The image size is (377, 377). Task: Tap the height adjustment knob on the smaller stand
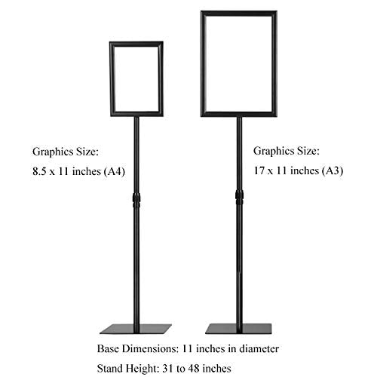(x=136, y=200)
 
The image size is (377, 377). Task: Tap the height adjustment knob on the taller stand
(x=240, y=198)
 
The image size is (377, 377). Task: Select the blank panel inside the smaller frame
(x=136, y=78)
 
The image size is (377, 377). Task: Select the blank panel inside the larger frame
(x=239, y=64)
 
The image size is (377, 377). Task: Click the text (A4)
(x=115, y=172)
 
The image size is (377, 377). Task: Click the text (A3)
(x=333, y=171)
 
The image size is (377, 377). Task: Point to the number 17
(x=259, y=171)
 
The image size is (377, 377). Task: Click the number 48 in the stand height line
(x=194, y=369)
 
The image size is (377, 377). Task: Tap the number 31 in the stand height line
(x=168, y=369)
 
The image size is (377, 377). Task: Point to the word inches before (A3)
(x=306, y=171)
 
